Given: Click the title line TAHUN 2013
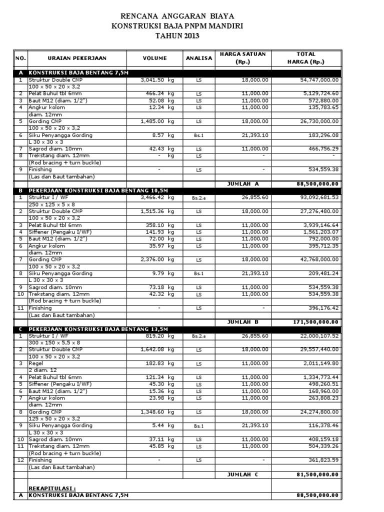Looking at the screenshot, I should click(177, 36).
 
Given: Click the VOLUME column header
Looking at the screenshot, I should click(154, 58).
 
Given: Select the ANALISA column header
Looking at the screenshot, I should click(199, 58).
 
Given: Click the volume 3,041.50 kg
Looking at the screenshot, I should click(157, 79).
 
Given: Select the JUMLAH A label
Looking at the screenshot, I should click(243, 183).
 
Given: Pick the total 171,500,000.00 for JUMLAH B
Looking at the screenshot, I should click(315, 321).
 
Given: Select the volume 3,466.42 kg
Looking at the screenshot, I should click(157, 198).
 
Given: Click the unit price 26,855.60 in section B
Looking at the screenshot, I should click(254, 198).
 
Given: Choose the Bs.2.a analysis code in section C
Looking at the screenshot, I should click(198, 336).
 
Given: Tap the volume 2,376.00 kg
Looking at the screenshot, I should click(157, 260).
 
